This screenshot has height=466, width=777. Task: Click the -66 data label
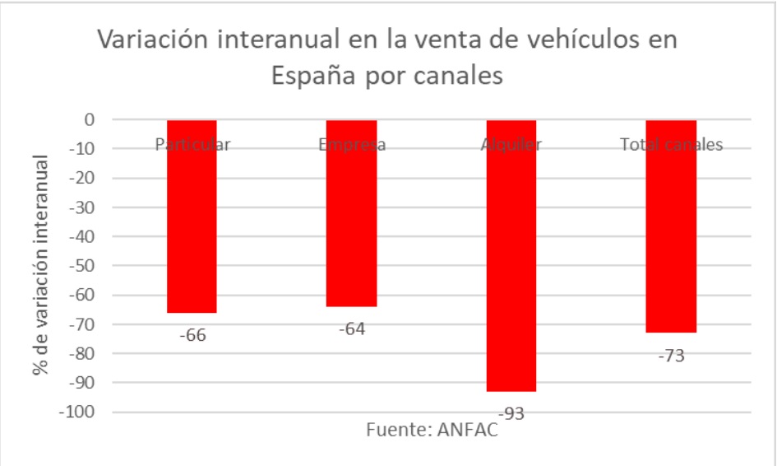pos(192,335)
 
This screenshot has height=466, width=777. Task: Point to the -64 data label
pos(351,329)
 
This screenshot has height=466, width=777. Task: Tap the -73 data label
pos(671,356)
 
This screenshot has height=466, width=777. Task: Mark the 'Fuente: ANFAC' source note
pos(432,431)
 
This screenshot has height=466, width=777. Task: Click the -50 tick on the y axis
pos(81,266)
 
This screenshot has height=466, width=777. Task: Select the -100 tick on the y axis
pos(76,412)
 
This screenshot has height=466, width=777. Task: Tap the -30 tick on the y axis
pos(81,207)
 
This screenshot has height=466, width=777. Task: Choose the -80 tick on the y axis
pos(81,353)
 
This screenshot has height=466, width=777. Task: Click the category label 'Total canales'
pos(671,145)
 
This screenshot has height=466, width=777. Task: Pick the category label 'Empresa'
pos(351,145)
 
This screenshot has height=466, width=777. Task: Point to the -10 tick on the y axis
pos(81,149)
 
